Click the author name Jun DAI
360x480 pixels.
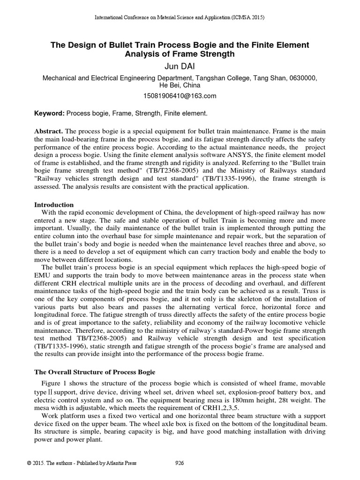(180, 67)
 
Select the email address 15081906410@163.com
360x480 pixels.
(180, 96)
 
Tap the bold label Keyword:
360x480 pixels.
(50, 113)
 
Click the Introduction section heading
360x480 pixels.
(54, 205)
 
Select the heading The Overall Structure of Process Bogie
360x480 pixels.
(95, 372)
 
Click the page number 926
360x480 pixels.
(179, 463)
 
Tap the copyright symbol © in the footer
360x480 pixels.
(29, 463)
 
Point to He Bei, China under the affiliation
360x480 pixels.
(180, 86)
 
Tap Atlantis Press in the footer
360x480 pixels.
(122, 463)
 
